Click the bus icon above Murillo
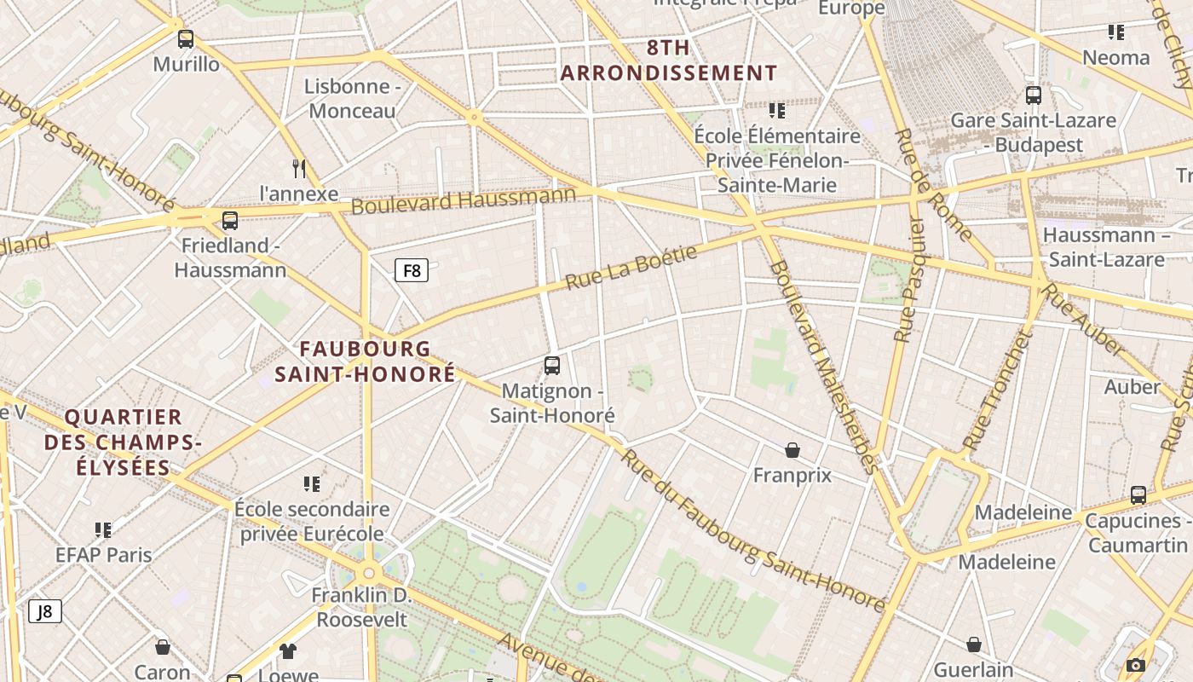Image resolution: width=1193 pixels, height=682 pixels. [185, 39]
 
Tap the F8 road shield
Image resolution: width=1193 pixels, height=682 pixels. [412, 271]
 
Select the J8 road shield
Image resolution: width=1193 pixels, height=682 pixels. [45, 611]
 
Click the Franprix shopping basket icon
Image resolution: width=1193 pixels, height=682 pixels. [792, 450]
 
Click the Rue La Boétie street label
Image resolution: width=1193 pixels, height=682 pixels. [631, 267]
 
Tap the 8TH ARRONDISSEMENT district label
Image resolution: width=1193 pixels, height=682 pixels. [668, 61]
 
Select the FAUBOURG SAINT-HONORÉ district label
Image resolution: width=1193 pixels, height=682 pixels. [365, 361]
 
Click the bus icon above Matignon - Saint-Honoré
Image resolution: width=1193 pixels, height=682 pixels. [552, 366]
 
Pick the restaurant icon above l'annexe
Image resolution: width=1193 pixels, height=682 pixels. [298, 168]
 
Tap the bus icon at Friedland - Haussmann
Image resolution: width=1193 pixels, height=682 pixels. [230, 221]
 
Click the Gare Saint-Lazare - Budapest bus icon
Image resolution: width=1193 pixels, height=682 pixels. [1034, 95]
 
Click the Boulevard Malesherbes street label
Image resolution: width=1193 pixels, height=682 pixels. [822, 367]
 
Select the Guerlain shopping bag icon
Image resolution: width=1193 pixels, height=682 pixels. [974, 644]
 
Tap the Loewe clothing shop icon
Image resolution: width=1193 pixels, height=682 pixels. [288, 651]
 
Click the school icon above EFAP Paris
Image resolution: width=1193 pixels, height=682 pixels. [103, 530]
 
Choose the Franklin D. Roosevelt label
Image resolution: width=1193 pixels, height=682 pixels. [362, 607]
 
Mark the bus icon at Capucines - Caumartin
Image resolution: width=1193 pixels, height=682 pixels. [1138, 495]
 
